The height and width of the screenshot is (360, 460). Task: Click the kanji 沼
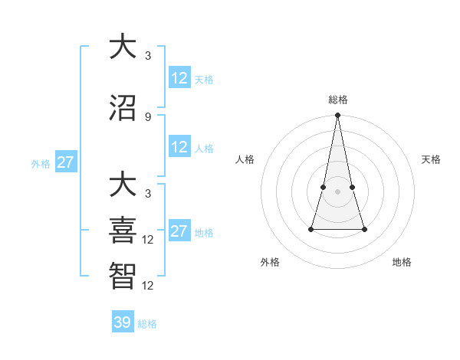click(x=123, y=106)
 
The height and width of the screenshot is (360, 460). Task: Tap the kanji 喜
click(x=123, y=228)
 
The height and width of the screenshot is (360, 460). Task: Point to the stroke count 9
click(x=148, y=116)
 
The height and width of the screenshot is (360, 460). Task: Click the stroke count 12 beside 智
click(x=148, y=285)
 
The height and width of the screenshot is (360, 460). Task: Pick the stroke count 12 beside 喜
click(x=148, y=239)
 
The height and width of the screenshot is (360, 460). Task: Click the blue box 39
click(x=123, y=322)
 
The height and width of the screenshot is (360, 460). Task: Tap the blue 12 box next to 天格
click(x=179, y=78)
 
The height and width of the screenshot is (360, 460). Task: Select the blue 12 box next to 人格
click(x=179, y=147)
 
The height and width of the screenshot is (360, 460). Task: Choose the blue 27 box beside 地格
click(x=179, y=231)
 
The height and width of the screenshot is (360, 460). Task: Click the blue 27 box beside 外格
click(x=66, y=162)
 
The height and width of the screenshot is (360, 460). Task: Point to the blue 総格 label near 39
click(x=147, y=324)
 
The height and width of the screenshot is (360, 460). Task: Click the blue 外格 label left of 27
click(x=41, y=163)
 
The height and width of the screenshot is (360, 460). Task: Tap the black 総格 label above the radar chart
click(x=337, y=100)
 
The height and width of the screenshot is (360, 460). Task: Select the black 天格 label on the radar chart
click(x=431, y=159)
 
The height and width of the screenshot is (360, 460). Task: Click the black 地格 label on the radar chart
click(x=402, y=262)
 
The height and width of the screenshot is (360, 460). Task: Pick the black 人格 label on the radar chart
click(x=245, y=159)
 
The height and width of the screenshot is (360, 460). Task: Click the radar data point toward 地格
click(x=364, y=229)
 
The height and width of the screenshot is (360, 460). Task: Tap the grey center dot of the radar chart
click(x=337, y=191)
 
